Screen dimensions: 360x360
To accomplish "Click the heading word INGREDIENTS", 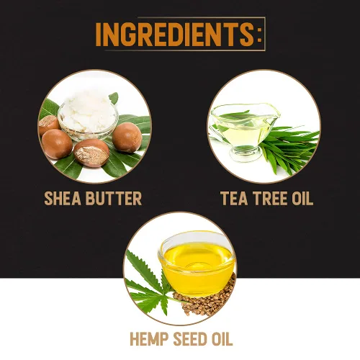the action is tap(174, 35).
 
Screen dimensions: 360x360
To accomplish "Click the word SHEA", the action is tap(63, 198).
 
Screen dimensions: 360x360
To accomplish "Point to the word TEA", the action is tap(234, 198).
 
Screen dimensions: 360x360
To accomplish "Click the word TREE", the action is tap(271, 198).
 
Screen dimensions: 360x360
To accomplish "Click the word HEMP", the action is tap(149, 339).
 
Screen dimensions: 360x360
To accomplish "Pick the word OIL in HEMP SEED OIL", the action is tap(222, 339).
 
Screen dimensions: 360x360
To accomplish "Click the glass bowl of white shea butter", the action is tap(89, 118).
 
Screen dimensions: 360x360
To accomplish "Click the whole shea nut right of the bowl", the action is tap(127, 137).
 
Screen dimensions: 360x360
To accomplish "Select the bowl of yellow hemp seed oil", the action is tap(197, 261).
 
